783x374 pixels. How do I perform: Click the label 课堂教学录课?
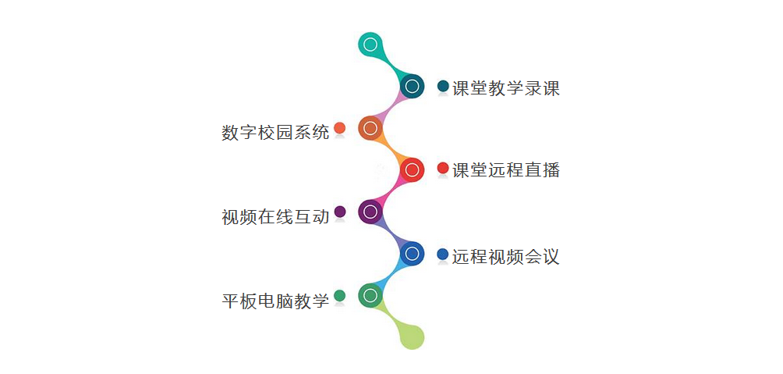[506, 88]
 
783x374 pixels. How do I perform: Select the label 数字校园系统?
[275, 133]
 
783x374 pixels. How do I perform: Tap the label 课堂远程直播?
[506, 170]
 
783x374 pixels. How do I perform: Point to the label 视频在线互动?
[275, 216]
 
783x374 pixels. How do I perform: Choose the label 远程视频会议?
[506, 257]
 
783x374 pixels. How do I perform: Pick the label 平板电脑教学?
[275, 301]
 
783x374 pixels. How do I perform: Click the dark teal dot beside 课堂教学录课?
[443, 86]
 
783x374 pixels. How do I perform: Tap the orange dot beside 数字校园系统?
[339, 128]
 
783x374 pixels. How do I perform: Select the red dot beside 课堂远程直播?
[443, 168]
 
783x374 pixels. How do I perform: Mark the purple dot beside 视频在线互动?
[340, 212]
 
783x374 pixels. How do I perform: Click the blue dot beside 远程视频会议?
[443, 254]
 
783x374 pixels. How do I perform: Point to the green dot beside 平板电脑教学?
[339, 295]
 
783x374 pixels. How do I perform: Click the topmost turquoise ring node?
[370, 45]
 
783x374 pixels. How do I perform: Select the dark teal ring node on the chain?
[412, 87]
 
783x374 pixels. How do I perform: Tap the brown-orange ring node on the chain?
[370, 129]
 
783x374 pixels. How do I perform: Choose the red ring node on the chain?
[412, 170]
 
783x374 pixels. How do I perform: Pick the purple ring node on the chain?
[370, 212]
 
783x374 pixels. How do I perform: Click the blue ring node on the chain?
[412, 254]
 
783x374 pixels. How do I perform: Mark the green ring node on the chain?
[370, 295]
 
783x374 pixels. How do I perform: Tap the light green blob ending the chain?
[412, 337]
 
